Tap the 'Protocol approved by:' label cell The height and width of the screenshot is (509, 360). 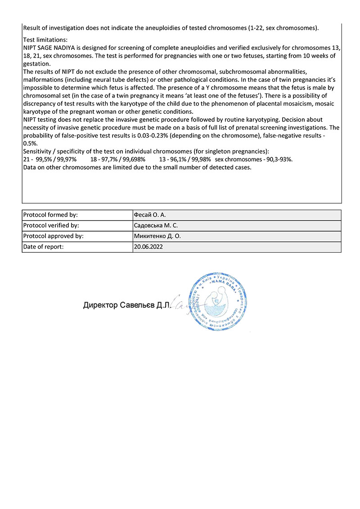tap(53, 236)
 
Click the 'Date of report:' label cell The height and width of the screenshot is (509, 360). tap(43, 247)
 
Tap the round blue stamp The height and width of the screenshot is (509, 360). tap(216, 302)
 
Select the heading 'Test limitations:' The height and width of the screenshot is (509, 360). tap(45, 40)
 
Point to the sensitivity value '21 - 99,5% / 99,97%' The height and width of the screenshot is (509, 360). tap(50, 160)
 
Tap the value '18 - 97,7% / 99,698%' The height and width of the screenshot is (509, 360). tap(118, 160)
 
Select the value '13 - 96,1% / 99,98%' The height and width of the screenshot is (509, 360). tap(185, 160)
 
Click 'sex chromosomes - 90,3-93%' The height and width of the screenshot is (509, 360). tap(254, 160)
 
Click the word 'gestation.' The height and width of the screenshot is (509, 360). tap(36, 64)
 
